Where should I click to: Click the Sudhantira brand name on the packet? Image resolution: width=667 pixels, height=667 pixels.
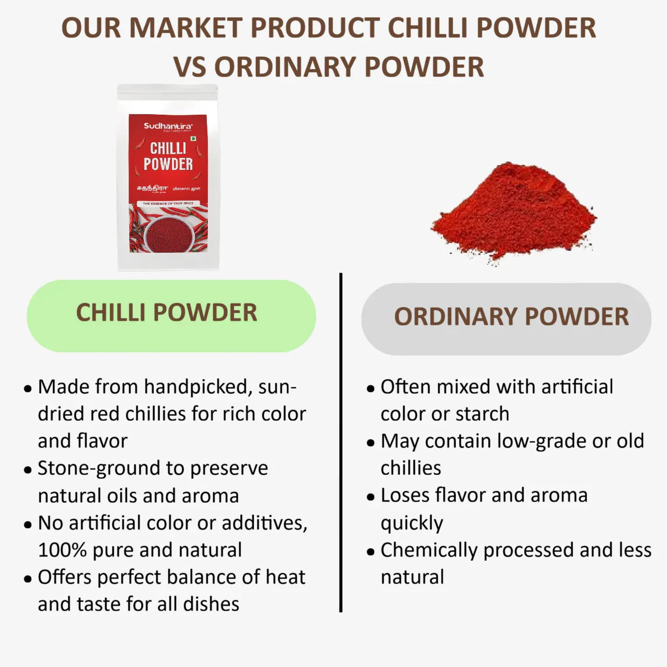[168, 126]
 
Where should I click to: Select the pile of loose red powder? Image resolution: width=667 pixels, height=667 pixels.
[513, 211]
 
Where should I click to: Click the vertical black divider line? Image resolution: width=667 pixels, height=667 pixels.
[341, 443]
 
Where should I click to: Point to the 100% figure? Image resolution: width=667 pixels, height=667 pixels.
[62, 550]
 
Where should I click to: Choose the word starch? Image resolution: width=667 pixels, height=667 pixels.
[481, 414]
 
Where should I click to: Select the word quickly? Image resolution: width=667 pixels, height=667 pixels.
[412, 523]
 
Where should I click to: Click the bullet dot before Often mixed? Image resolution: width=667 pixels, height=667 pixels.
[370, 389]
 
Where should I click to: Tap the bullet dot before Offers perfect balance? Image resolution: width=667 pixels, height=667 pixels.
[28, 579]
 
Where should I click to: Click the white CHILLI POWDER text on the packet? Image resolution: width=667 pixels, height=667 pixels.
[168, 156]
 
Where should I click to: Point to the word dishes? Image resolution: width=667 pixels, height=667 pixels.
[211, 604]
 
